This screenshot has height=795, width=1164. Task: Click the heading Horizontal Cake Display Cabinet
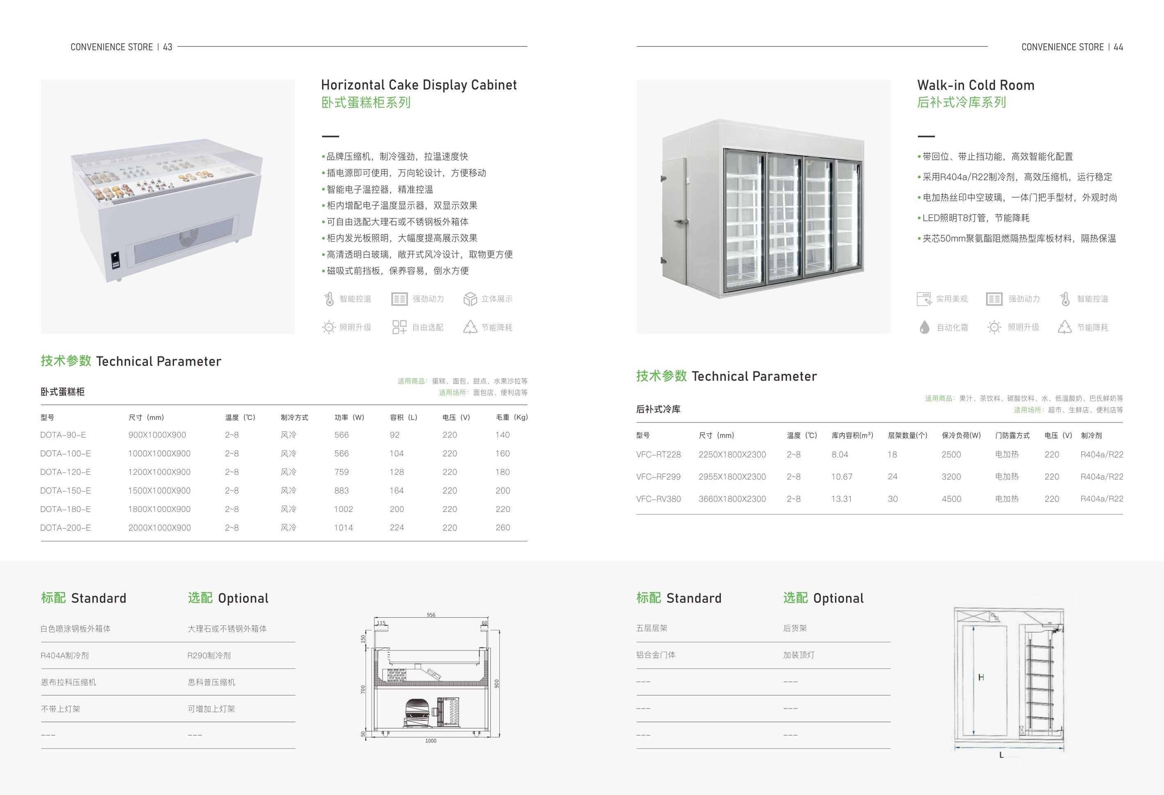[x=419, y=85]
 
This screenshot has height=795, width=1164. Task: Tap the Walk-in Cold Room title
[x=976, y=85]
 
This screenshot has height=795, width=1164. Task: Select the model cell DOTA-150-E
[x=66, y=490]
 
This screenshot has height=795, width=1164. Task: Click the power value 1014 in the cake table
[x=344, y=528]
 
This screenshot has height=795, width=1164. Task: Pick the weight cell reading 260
[x=503, y=528]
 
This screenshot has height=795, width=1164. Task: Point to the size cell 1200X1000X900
[x=159, y=472]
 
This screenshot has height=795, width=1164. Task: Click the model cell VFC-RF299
[x=658, y=477]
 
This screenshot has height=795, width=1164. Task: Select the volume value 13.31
[x=841, y=499]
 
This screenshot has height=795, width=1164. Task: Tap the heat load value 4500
[x=951, y=499]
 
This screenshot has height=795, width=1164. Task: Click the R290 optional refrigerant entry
[x=209, y=655]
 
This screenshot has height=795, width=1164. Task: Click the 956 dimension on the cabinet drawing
[x=431, y=615]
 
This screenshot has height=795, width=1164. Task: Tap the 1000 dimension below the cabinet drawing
[x=431, y=741]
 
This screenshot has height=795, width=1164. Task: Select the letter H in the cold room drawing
[x=981, y=677]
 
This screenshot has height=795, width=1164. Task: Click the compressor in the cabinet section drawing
[x=417, y=713]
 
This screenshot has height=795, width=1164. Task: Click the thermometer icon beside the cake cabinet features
[x=329, y=299]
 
